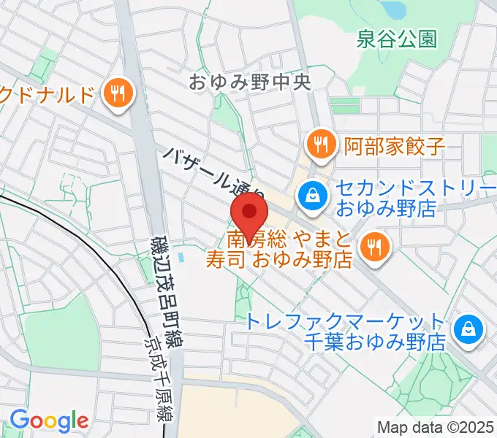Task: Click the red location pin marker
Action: pyautogui.click(x=249, y=214)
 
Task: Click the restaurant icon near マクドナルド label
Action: pyautogui.click(x=118, y=93)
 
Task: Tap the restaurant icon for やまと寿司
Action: pyautogui.click(x=374, y=246)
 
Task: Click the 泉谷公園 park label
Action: pyautogui.click(x=397, y=39)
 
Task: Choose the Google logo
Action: pyautogui.click(x=49, y=421)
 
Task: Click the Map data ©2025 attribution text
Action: pyautogui.click(x=436, y=427)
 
